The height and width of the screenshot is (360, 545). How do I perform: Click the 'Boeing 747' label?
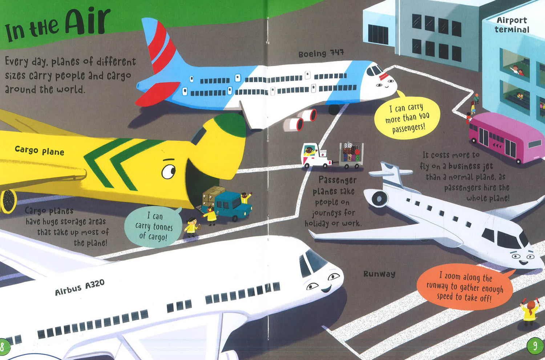pos(321,53)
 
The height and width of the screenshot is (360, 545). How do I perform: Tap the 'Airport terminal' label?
pos(512,25)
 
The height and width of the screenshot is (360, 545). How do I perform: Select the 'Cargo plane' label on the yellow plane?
pos(39,150)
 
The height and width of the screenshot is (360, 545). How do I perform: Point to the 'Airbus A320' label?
pos(80,287)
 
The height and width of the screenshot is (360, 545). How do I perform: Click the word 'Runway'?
pos(379,274)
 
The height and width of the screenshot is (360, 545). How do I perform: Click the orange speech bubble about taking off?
pos(465,287)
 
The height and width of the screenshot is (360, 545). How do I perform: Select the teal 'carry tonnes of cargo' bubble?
pos(153,227)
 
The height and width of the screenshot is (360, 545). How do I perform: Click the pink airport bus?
pos(506,138)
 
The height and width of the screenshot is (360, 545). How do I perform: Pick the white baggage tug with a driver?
pos(316,156)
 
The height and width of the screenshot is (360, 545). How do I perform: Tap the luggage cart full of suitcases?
pos(351,156)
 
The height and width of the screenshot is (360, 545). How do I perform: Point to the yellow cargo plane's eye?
pos(169,172)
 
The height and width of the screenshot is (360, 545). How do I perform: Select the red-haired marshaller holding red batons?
pos(530,312)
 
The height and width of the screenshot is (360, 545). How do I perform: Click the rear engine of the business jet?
pos(377,199)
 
